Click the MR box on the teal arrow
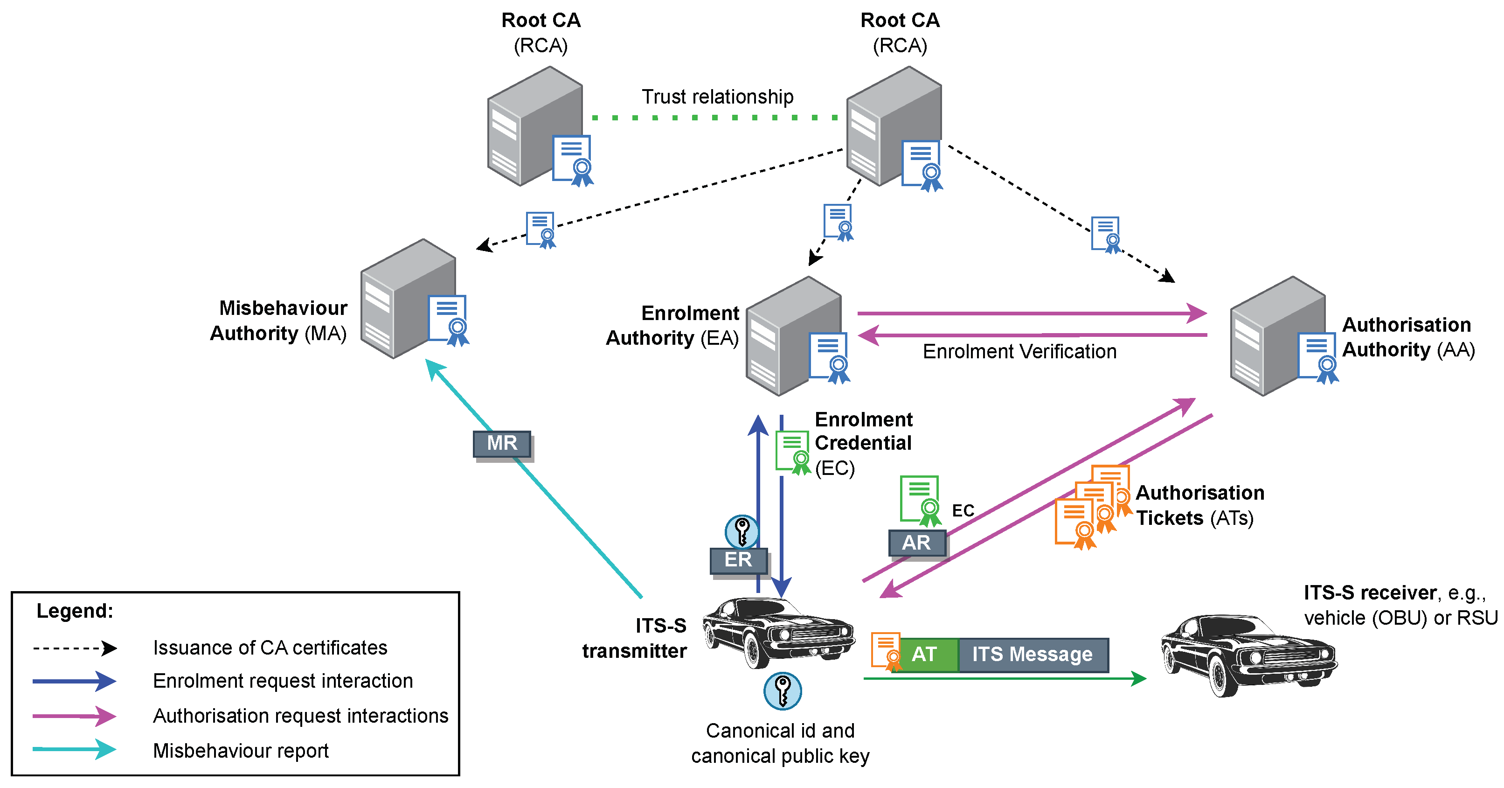click(501, 443)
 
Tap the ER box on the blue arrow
click(738, 559)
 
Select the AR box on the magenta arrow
click(916, 543)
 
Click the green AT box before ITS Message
click(924, 654)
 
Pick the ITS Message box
click(1032, 654)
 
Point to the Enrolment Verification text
click(1019, 352)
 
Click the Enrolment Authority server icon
click(796, 336)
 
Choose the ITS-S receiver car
click(1248, 654)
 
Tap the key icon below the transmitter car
click(783, 691)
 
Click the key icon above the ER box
click(742, 531)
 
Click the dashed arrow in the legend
click(75, 648)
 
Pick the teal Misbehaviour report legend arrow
click(75, 749)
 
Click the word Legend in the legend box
click(75, 611)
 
